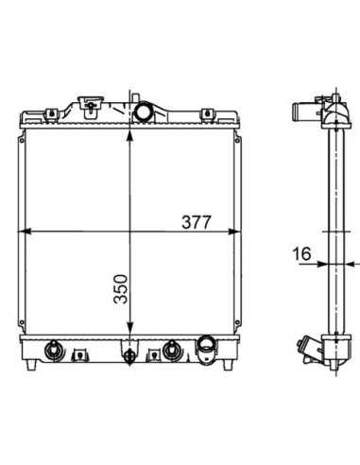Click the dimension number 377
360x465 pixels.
[196, 222]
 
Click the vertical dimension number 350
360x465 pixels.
[121, 289]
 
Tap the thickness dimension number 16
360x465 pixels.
[301, 253]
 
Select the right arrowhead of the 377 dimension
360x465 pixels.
[232, 232]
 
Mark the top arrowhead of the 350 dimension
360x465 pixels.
[129, 135]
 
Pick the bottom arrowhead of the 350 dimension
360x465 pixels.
[129, 328]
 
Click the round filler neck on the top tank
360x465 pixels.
[144, 112]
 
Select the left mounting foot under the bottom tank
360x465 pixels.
[31, 365]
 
